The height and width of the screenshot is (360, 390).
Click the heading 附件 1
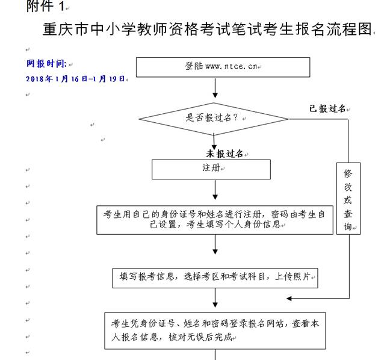45,6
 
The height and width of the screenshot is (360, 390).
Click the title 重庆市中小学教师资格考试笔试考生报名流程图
208,29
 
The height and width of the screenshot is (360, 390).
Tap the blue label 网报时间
46,64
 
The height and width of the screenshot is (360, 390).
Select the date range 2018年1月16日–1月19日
75,79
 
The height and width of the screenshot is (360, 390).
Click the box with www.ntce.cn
223,67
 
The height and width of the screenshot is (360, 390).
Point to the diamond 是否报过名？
214,119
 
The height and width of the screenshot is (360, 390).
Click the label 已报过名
327,108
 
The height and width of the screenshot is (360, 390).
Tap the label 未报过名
224,154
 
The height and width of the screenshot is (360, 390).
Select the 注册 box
211,169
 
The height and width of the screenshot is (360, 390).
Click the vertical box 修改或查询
348,199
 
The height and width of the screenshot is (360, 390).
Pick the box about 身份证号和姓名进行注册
215,220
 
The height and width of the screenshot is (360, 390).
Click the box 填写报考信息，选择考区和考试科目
215,278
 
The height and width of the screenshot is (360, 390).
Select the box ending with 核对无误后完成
215,331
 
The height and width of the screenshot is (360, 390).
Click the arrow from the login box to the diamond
215,88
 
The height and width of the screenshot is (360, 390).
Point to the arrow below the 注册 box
215,190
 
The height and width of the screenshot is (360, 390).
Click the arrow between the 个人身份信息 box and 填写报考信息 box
215,244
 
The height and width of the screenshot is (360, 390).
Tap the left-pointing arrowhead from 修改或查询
289,299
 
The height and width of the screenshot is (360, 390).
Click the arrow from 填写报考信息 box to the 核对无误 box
215,298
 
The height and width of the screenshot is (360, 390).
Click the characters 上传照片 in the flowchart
292,276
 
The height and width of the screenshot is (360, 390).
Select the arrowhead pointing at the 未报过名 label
214,147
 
